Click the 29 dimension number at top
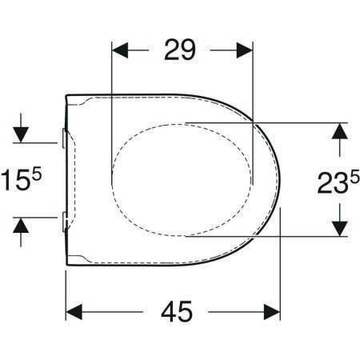(x=180, y=50)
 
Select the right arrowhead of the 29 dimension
(x=244, y=50)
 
